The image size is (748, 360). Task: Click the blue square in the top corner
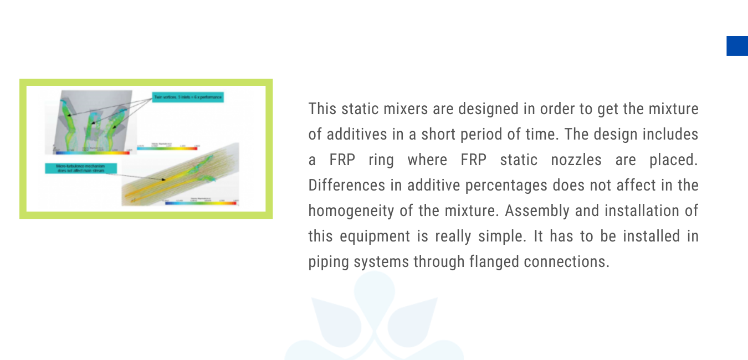(737, 46)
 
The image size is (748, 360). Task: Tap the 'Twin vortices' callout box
(188, 97)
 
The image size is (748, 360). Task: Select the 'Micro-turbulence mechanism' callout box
(81, 168)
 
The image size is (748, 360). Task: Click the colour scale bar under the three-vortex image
(93, 152)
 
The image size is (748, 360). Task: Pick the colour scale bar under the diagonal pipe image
(201, 203)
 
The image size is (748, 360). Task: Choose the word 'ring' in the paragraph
(381, 160)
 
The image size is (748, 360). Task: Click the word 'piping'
(325, 261)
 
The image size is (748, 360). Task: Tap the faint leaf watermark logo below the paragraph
(375, 321)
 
